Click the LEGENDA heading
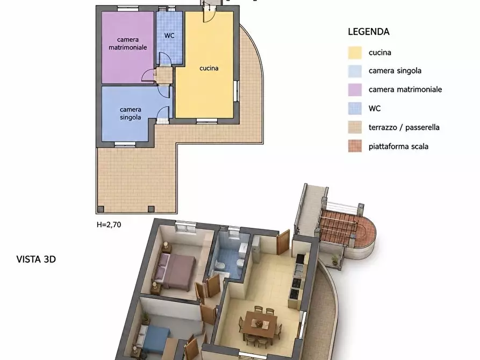tap(369, 32)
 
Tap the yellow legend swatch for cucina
tap(355, 53)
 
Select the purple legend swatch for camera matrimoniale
tap(355, 90)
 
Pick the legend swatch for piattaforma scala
tap(355, 146)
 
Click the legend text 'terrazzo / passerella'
tap(404, 127)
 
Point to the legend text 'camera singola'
tap(395, 71)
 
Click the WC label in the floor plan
tap(169, 35)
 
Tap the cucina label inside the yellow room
tap(209, 68)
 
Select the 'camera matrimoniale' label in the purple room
tap(128, 44)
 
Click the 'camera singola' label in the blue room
tap(131, 113)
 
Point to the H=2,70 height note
tap(109, 225)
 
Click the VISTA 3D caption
tap(36, 260)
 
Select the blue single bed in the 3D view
tap(153, 340)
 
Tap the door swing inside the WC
tap(164, 59)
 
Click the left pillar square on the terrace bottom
tap(101, 209)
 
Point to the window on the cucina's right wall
tap(237, 91)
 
